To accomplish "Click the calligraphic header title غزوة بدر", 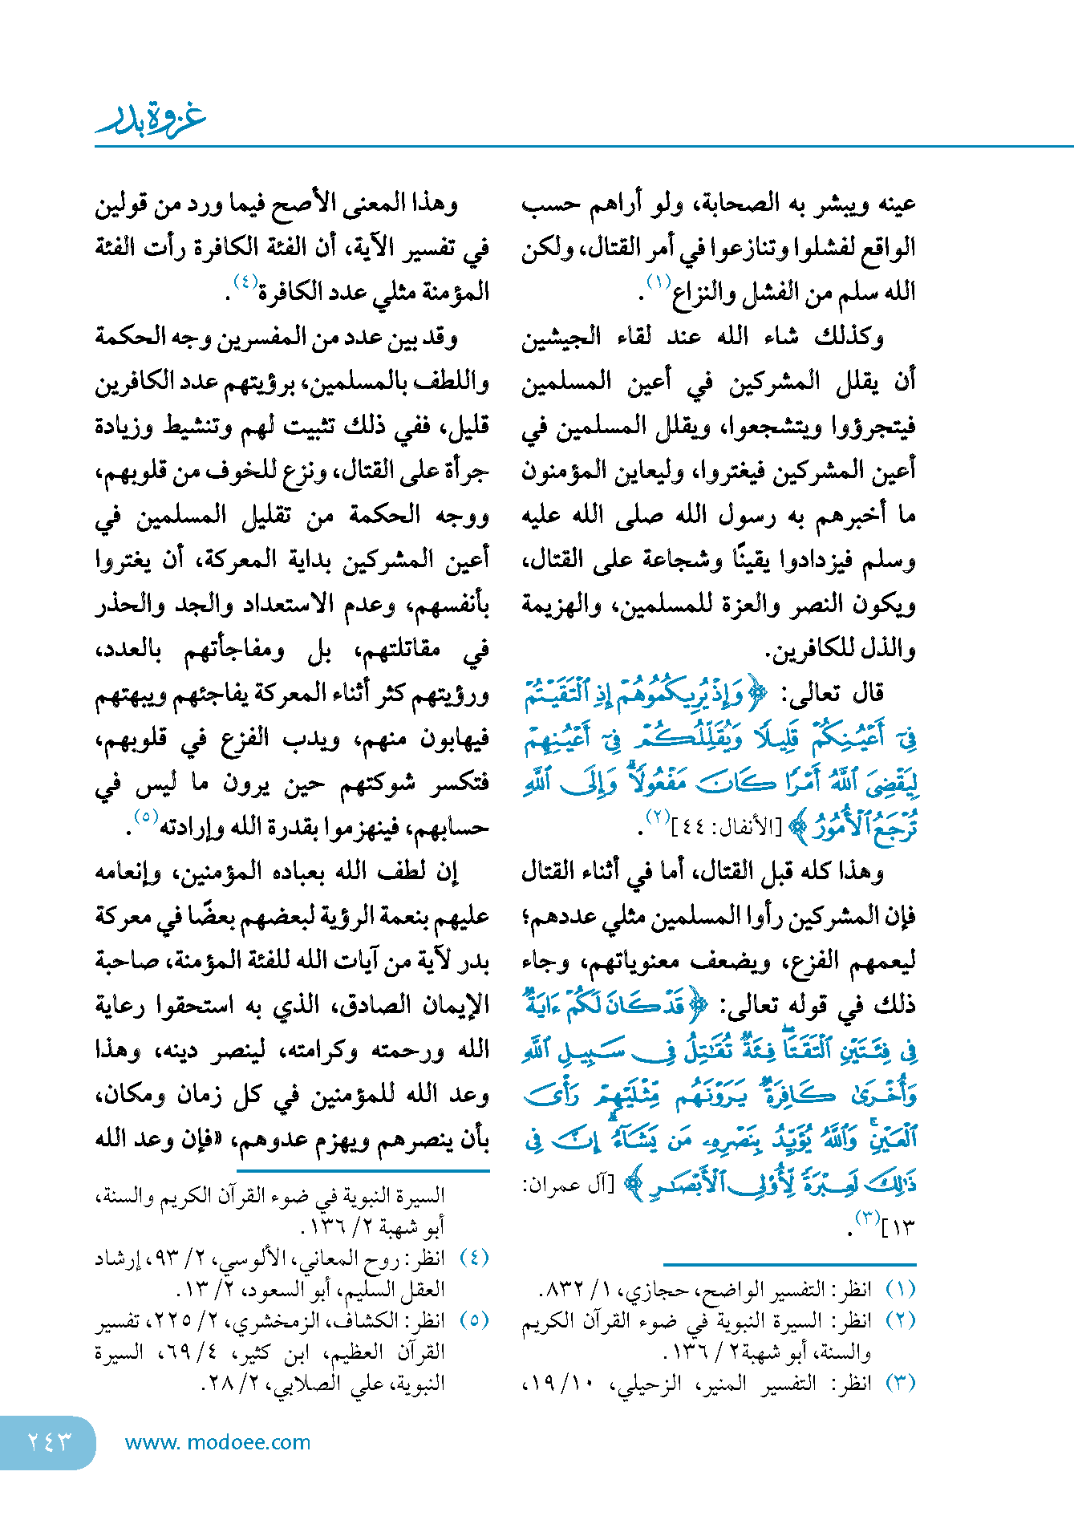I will click(151, 120).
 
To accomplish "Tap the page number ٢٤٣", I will click(49, 1441).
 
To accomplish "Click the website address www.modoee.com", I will click(217, 1442).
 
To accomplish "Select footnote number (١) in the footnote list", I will click(900, 1289).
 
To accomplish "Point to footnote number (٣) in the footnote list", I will click(900, 1383).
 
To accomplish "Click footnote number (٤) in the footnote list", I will click(474, 1258).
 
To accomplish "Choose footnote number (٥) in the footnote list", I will click(474, 1320).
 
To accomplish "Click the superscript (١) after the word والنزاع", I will click(659, 282).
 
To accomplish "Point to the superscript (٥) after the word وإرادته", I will click(145, 817).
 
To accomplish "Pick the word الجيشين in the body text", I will click(561, 337).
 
